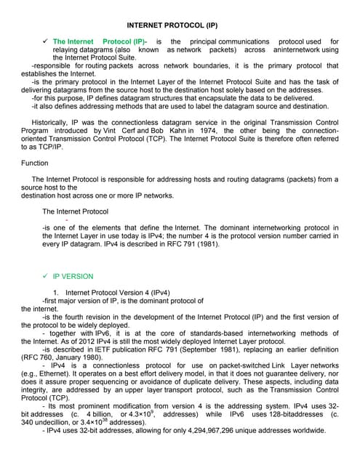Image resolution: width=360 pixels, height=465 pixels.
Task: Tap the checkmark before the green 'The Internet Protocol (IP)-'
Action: click(x=45, y=41)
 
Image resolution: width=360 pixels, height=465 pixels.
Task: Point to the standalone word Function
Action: click(x=35, y=163)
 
